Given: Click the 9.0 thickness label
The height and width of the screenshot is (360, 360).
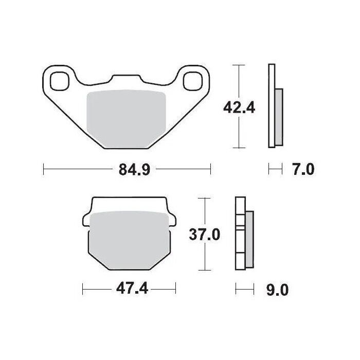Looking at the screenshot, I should click(x=277, y=290).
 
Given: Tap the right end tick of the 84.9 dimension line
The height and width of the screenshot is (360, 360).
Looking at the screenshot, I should click(x=210, y=168).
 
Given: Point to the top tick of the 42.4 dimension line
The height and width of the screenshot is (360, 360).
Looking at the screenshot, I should click(x=237, y=65).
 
